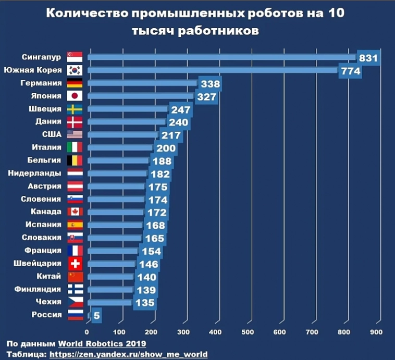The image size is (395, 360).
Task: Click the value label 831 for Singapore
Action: pyautogui.click(x=368, y=58)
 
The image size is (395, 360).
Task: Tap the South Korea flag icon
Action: pyautogui.click(x=75, y=70)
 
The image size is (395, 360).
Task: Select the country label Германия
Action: pyautogui.click(x=42, y=83)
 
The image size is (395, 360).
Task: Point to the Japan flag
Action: pyautogui.click(x=75, y=96)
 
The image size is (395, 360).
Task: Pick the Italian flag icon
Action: pyautogui.click(x=75, y=147)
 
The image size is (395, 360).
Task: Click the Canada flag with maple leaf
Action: pyautogui.click(x=75, y=212)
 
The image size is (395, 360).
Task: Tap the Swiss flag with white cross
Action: pyautogui.click(x=75, y=264)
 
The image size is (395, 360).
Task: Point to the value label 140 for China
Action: pyautogui.click(x=146, y=277)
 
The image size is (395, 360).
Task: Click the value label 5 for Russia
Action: pyautogui.click(x=97, y=316)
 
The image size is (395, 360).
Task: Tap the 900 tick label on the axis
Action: pyautogui.click(x=376, y=331)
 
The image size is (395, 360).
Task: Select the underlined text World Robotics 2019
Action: pyautogui.click(x=102, y=344)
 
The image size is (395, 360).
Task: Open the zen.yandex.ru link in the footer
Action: pyautogui.click(x=129, y=354)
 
